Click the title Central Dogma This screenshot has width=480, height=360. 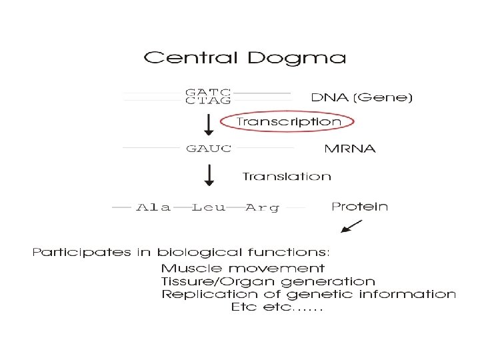coord(245,58)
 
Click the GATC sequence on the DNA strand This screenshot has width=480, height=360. coord(208,92)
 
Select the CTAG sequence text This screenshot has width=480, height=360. coord(208,101)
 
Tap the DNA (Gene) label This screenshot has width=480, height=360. coord(362,97)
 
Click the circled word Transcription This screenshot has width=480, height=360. coord(289,122)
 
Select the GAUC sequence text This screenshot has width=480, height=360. coord(208,148)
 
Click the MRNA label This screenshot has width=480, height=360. coord(349,148)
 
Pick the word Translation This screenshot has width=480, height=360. coord(287,177)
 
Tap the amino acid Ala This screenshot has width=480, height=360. coord(153,207)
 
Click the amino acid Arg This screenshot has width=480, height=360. coord(263,207)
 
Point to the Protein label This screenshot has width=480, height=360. coord(359,207)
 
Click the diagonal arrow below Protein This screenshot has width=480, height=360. coord(351,227)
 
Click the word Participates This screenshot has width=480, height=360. coord(72,253)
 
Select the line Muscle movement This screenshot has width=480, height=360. coord(243,268)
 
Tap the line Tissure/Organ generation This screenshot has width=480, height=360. coord(268,281)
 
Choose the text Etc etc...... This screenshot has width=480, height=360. coord(276,308)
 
